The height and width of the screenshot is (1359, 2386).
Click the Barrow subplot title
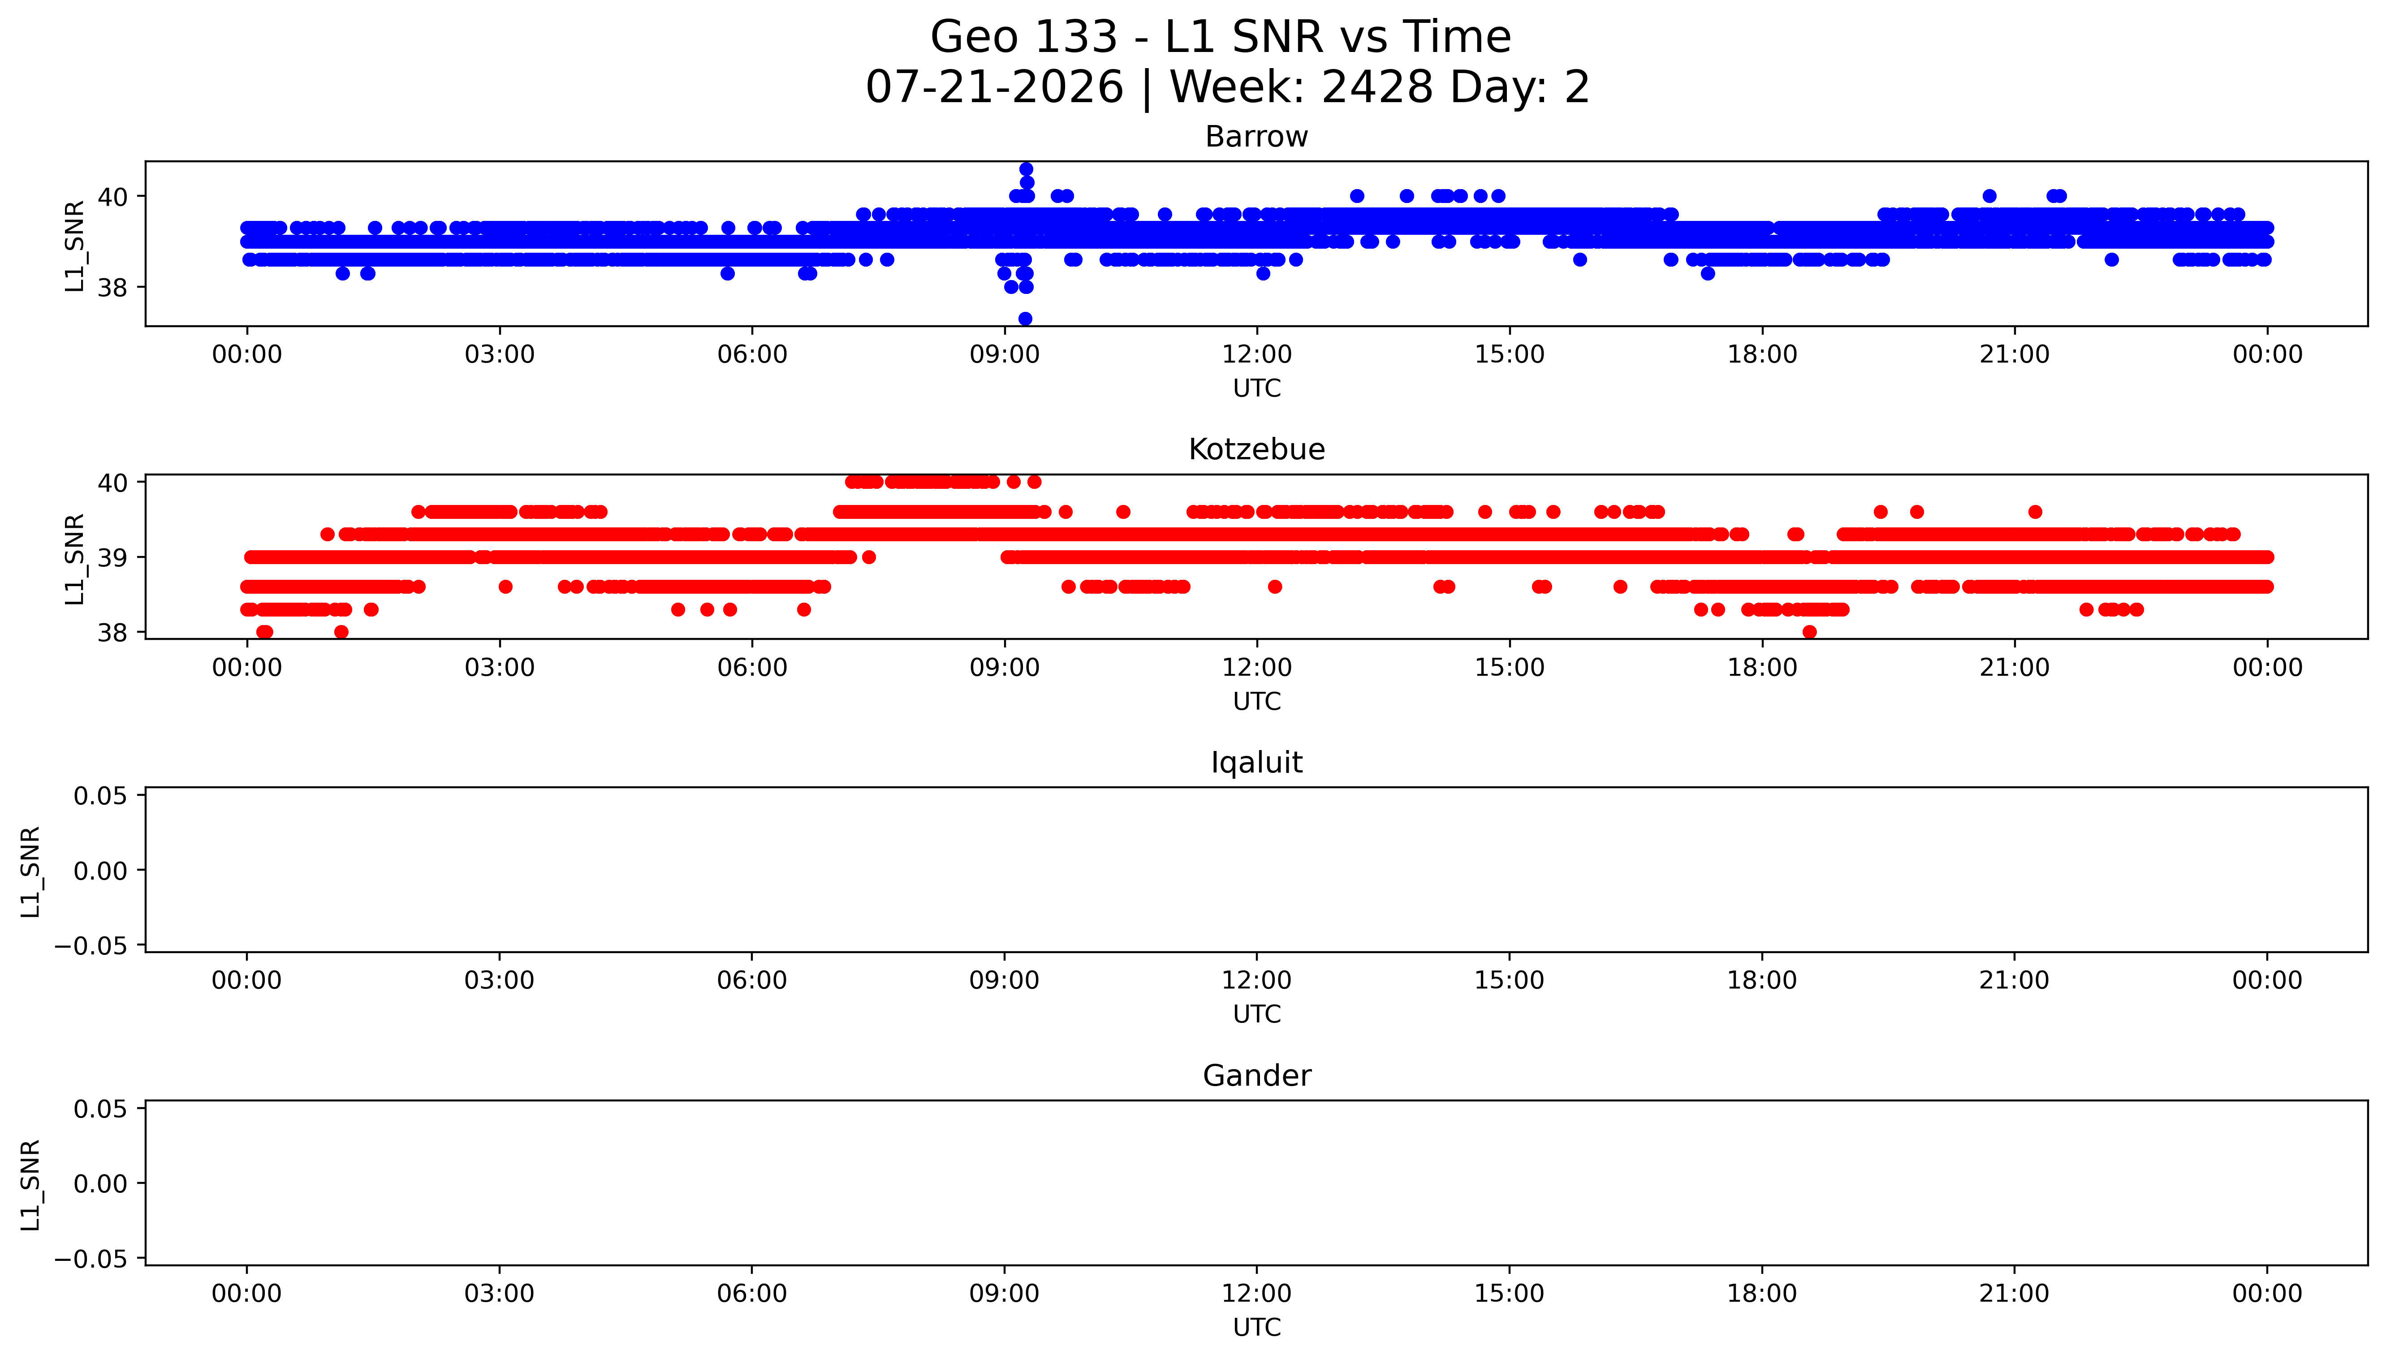click(1256, 137)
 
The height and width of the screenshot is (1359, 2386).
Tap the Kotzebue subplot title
click(1256, 450)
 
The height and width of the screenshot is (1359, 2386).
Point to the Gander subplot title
click(1256, 1076)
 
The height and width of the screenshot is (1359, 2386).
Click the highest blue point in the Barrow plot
click(1026, 169)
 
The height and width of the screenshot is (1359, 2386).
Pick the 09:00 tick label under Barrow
click(1004, 355)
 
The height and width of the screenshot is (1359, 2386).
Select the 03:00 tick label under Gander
click(499, 1294)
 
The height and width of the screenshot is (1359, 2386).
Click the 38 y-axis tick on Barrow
click(112, 288)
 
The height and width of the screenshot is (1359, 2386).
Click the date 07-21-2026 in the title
click(995, 88)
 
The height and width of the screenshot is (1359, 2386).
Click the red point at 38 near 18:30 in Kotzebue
click(1809, 632)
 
